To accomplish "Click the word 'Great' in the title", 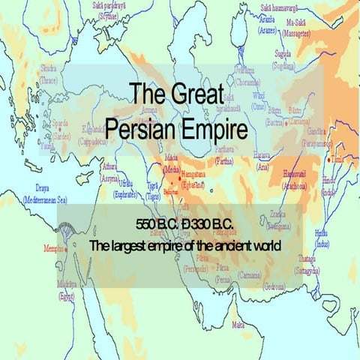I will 203,95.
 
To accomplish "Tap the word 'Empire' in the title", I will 217,127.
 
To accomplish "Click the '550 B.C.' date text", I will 157,225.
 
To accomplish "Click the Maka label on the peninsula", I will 238,324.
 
